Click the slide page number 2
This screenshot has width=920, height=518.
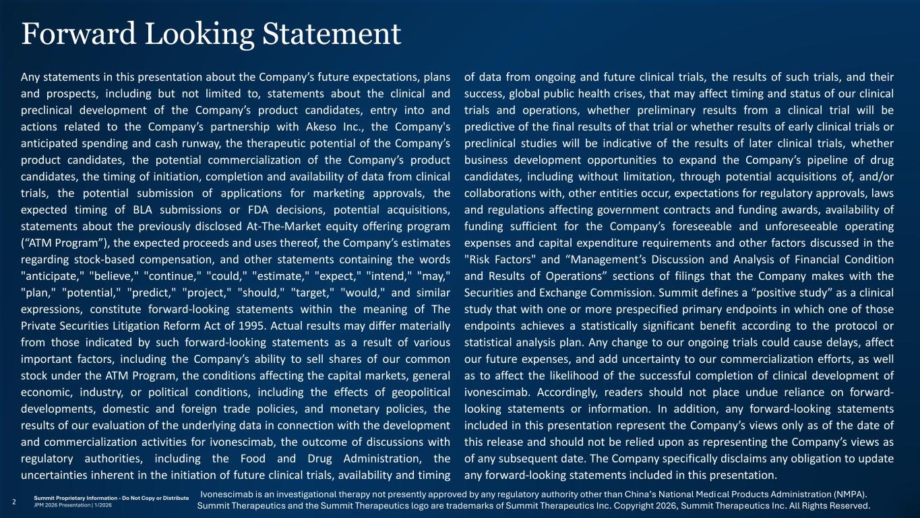pyautogui.click(x=15, y=501)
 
